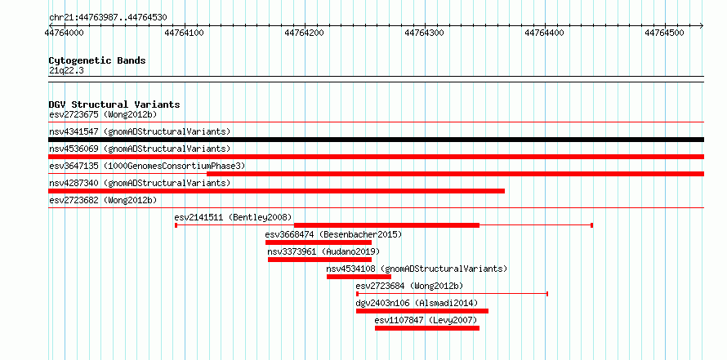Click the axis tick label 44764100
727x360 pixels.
(185, 33)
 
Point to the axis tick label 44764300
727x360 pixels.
(425, 33)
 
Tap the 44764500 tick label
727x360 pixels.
(666, 33)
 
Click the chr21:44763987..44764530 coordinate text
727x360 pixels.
(108, 18)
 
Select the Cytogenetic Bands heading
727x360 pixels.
(97, 60)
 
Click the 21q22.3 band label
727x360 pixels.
(66, 71)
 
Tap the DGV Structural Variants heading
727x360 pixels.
(114, 104)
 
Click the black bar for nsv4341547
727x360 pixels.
(376, 140)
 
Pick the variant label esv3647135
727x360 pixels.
(74, 166)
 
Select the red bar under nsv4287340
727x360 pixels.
(276, 191)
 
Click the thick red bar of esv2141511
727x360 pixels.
(386, 225)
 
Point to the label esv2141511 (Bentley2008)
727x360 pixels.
(234, 217)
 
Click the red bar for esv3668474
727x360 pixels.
(319, 242)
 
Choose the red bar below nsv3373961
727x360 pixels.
(320, 260)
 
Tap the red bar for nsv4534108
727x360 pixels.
(359, 277)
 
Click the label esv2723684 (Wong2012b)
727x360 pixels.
(409, 286)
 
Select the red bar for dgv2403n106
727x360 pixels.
(422, 311)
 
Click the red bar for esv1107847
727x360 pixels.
(427, 328)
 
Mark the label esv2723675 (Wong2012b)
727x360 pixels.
(103, 114)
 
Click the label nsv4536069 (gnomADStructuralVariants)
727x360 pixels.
(140, 149)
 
